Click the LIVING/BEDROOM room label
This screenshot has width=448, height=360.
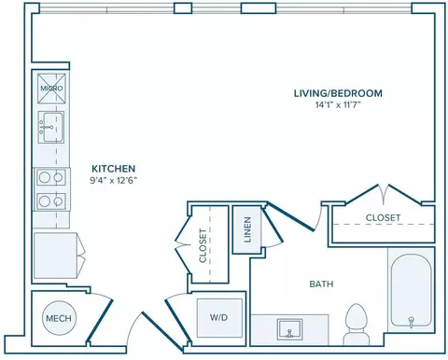pos(338,93)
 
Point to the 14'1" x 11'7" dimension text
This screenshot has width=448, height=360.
pos(338,105)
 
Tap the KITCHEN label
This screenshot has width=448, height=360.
pos(113,169)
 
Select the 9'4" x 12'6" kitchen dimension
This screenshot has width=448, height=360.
pos(113,180)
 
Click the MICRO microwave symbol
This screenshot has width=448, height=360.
pos(51,89)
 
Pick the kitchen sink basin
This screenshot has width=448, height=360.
pos(52,127)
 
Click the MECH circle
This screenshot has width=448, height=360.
pos(59,318)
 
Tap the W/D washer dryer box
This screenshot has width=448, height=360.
pos(219,318)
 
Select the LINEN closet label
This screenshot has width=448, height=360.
pos(247,229)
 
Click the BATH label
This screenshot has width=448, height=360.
pos(321,284)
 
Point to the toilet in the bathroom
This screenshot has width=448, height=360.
pos(357,325)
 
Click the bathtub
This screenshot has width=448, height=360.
pos(411,290)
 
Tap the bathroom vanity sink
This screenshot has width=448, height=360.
pos(290,328)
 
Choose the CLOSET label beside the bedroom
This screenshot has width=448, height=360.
pos(383,217)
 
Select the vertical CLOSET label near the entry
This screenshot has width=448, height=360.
pos(203,246)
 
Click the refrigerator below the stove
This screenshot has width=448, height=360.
pos(55,256)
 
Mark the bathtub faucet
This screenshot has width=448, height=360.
pos(411,322)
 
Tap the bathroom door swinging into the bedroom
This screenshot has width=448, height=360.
pos(291,216)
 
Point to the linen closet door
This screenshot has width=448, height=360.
pos(272,225)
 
